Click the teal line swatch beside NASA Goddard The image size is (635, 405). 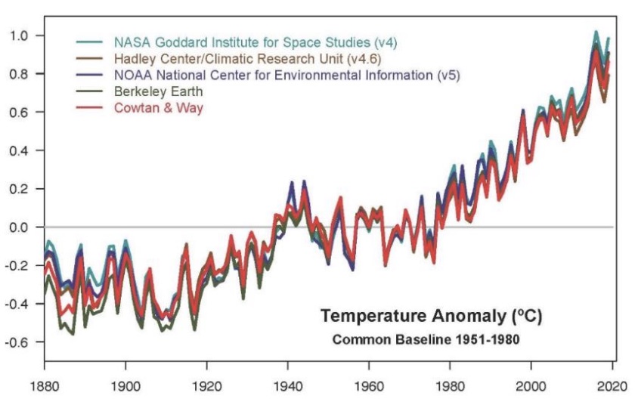[91, 42]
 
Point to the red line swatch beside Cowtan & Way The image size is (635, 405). [91, 108]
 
